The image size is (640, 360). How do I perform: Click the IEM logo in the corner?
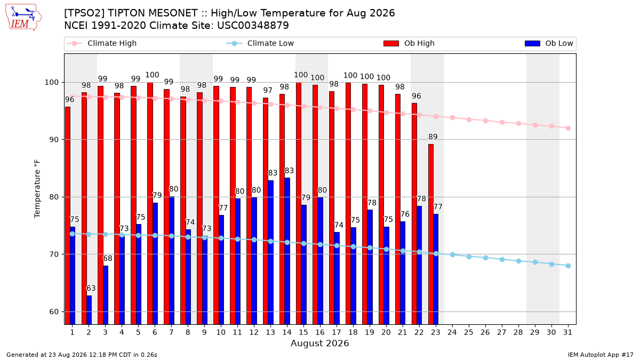pos(23,18)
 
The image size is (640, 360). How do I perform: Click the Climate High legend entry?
pos(102,43)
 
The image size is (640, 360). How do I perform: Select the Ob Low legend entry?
pos(549,43)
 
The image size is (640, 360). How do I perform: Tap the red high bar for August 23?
pos(431,234)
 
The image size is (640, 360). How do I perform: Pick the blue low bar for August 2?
pos(89,310)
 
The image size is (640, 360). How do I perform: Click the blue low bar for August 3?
pos(106,295)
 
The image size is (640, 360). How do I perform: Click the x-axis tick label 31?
pos(567,332)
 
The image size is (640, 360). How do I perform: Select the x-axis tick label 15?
pos(303,332)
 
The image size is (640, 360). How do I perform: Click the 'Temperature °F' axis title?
pos(37,189)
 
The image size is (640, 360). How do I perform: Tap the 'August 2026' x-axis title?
pos(319,343)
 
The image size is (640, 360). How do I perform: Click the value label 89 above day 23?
pos(433,137)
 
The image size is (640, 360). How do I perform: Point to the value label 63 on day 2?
pos(91,289)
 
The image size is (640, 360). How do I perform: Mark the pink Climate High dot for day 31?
pos(569,129)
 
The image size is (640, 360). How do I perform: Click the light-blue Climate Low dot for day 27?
pos(502,259)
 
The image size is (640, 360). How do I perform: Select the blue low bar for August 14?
pos(287,251)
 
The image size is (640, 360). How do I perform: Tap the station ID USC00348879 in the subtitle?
pos(253,26)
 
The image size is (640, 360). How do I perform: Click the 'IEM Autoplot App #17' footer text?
pos(601,355)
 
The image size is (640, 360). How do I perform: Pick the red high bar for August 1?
pos(68,215)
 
